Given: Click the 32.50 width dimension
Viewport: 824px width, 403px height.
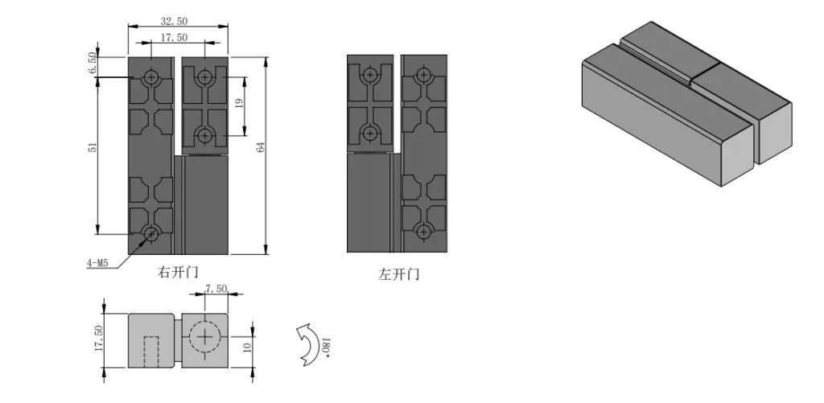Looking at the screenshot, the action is tap(174, 21).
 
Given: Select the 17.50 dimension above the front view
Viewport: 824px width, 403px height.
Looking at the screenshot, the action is tap(174, 37).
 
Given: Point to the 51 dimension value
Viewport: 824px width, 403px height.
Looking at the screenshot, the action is tap(93, 148).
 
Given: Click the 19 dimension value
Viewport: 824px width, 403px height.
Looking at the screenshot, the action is tap(240, 103).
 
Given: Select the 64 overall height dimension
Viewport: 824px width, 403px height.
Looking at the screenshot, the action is tap(261, 147).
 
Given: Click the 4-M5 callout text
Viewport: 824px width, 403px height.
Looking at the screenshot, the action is tap(97, 263).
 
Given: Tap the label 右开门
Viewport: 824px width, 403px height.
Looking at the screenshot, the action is tap(178, 272).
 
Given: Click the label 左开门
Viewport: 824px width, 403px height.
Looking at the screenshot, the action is tap(399, 274).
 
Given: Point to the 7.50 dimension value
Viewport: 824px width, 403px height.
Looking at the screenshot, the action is tap(216, 289).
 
